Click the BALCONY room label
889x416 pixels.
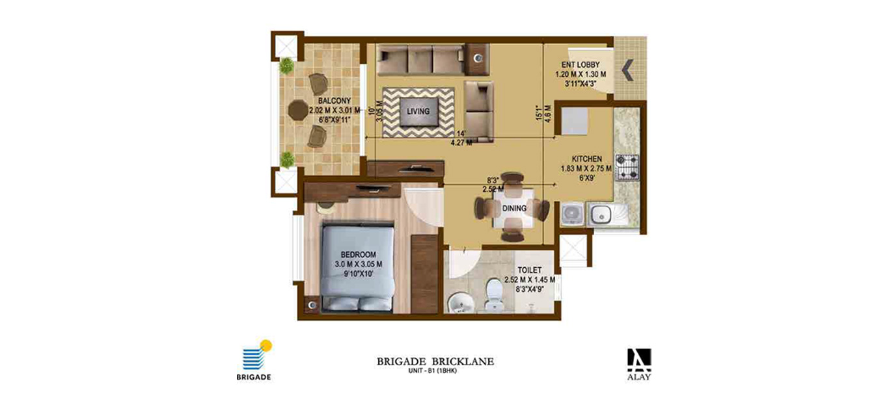(x=334, y=101)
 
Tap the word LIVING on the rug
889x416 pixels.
(x=418, y=111)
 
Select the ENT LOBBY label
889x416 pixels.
(x=581, y=64)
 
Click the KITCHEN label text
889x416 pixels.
(x=586, y=159)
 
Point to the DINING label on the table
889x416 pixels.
(x=514, y=208)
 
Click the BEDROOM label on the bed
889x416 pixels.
(x=358, y=255)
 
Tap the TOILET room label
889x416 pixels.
(x=530, y=270)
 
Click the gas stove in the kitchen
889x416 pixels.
(x=627, y=167)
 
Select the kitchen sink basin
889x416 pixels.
(x=601, y=215)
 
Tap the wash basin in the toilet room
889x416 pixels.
(x=460, y=304)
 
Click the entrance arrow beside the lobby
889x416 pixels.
(x=627, y=70)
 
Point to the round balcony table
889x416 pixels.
(x=297, y=110)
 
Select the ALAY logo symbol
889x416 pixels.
(x=639, y=360)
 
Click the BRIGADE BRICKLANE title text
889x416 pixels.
(x=435, y=361)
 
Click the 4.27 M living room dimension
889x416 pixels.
(x=461, y=143)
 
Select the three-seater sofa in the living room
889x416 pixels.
(x=420, y=60)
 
